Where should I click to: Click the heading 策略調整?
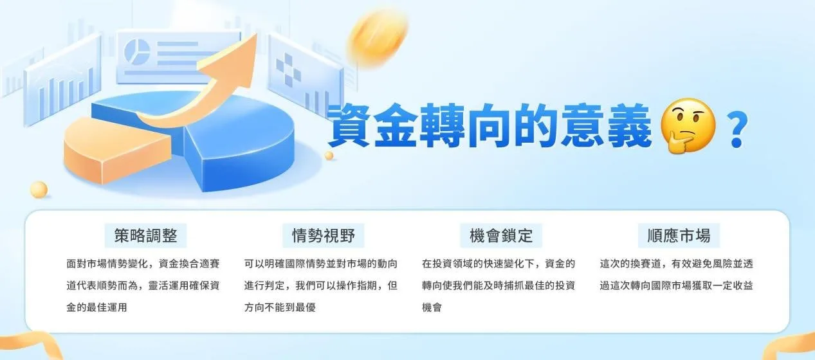145,235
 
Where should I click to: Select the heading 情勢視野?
324,235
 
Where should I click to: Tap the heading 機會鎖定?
501,235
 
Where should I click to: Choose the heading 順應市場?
679,235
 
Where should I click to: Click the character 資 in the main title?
353,125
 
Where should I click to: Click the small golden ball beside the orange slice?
39,190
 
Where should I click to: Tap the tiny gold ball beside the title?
329,156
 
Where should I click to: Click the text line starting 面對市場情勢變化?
143,264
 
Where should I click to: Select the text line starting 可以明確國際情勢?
320,264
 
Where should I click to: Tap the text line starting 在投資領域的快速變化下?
499,264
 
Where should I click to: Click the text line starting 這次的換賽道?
676,264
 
